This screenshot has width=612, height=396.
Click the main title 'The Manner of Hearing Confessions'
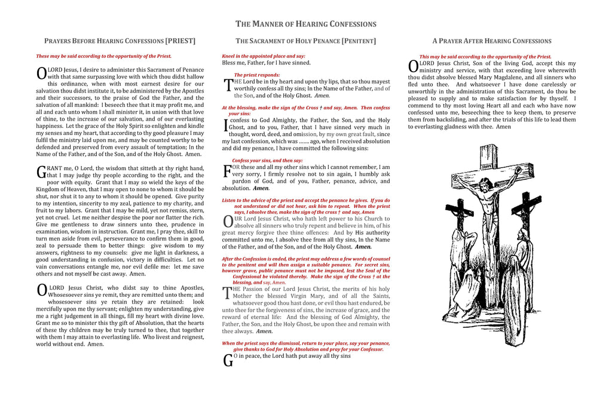[306, 24]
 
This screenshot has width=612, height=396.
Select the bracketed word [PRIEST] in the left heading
[180, 41]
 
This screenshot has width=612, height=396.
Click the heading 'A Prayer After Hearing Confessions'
[492, 41]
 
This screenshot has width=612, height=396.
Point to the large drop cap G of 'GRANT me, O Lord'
[41, 173]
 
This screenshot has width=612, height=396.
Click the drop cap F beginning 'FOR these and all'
[227, 171]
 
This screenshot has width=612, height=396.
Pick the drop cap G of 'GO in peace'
[227, 360]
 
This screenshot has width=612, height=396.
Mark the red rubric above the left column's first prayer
[103, 56]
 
